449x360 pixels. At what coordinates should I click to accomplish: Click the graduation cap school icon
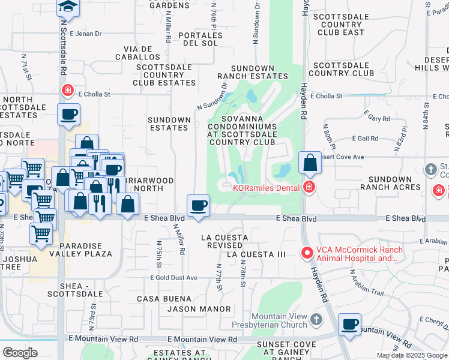(68, 7)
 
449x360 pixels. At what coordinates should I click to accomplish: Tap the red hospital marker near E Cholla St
(68, 91)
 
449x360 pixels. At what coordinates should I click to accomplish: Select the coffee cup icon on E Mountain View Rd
(349, 325)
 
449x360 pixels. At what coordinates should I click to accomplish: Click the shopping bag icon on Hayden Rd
(310, 163)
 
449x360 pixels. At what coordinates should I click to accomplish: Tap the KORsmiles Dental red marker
(309, 187)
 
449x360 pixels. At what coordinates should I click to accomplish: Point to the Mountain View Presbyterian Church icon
(317, 317)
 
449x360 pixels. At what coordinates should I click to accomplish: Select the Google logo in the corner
(20, 353)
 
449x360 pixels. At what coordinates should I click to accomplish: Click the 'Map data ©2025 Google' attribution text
(412, 355)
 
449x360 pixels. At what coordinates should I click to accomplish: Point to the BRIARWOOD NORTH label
(149, 184)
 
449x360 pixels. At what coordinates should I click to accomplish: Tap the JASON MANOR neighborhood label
(199, 309)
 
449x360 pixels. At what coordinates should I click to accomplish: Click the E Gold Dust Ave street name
(175, 278)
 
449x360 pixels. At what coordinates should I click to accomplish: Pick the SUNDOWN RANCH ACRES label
(390, 183)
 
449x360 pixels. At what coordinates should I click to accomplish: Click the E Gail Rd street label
(366, 139)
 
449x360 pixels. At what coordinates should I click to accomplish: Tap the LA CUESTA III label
(256, 254)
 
